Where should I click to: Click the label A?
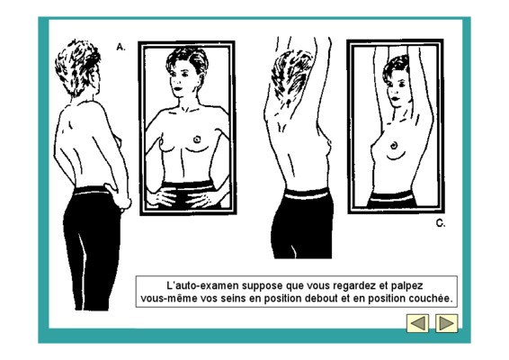[x=121, y=47]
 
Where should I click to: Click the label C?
[x=441, y=223]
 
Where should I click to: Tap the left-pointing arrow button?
[x=418, y=323]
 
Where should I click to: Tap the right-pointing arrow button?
[x=446, y=323]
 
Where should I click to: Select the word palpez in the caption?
[x=406, y=286]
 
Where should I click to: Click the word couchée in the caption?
[x=431, y=298]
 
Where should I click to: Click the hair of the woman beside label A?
[x=78, y=67]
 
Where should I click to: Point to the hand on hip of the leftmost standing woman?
[x=120, y=195]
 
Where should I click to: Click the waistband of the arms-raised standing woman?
[x=306, y=194]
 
